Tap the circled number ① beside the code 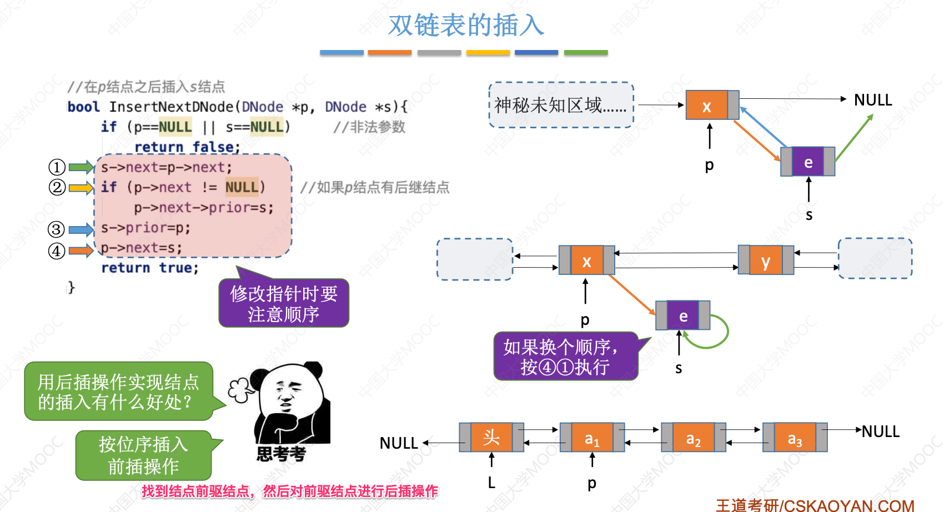(x=57, y=167)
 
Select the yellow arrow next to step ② (x=81, y=188)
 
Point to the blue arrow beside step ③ (x=81, y=229)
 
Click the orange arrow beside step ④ (x=81, y=251)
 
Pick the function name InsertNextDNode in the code (x=171, y=107)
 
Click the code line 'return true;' (x=150, y=268)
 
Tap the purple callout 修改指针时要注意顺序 (x=284, y=304)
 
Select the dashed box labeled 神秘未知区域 (x=561, y=105)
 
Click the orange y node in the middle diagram (x=766, y=260)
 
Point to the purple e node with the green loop (x=683, y=316)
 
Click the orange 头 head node (x=491, y=437)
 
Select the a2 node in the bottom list (x=693, y=438)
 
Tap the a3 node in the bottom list (x=795, y=438)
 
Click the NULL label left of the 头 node (x=398, y=443)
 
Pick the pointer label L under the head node (x=491, y=483)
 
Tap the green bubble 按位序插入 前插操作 (x=144, y=455)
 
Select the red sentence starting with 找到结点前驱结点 (x=289, y=491)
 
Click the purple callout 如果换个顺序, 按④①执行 (x=565, y=357)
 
